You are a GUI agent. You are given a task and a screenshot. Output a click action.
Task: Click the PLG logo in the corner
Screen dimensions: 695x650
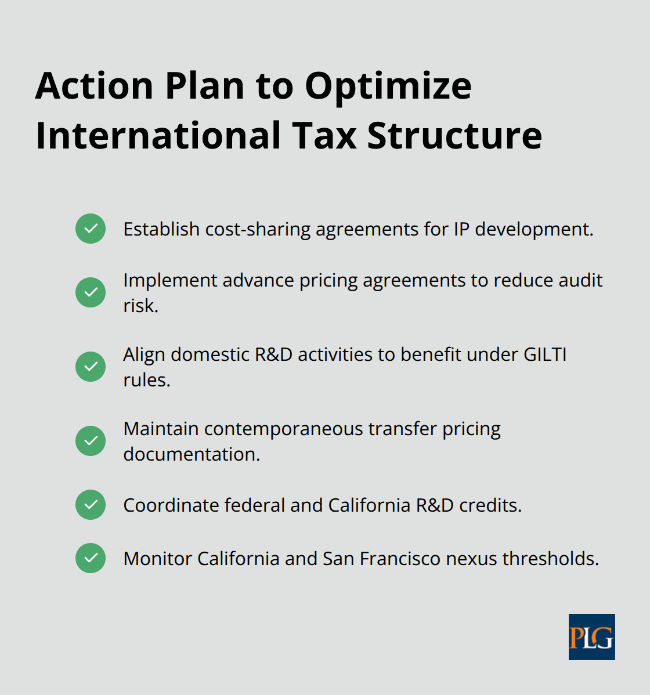591,637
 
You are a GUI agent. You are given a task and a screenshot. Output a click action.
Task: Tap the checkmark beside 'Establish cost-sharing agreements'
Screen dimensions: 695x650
91,229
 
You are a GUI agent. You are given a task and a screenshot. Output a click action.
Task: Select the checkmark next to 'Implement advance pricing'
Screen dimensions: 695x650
91,292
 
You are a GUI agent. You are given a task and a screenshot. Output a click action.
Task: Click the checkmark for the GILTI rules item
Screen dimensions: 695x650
91,367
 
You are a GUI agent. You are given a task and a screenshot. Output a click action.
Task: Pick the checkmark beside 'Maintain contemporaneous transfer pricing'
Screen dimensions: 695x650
91,441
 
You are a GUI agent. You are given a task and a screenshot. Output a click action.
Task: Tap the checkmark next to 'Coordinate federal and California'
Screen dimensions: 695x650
91,505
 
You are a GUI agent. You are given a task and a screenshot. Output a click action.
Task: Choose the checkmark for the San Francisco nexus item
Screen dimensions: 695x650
91,558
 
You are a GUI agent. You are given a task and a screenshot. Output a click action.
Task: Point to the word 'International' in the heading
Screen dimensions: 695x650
158,136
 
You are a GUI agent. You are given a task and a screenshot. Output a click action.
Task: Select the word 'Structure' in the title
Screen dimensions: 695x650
454,136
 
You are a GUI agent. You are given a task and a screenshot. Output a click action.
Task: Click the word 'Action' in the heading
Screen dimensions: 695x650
94,86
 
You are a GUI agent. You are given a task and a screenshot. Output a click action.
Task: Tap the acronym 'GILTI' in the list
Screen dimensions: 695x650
545,354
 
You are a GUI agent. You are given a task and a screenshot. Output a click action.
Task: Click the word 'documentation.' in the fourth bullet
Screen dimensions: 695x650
192,454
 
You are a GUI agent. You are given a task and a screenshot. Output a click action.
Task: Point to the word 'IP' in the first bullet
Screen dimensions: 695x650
461,229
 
